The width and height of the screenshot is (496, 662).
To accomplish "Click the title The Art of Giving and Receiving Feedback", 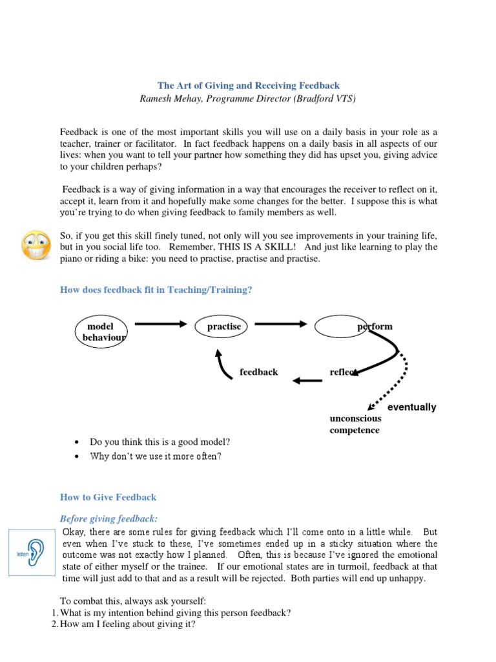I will (249, 85).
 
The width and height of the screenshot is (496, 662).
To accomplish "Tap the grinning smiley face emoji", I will (37, 245).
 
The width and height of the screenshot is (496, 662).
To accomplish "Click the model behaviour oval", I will (101, 332).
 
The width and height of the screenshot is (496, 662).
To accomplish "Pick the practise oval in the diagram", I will (223, 327).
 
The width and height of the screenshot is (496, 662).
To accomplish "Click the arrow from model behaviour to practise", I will (160, 325).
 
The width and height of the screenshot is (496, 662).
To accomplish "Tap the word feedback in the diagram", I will (258, 372).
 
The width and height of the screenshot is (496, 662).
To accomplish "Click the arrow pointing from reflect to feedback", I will (307, 379).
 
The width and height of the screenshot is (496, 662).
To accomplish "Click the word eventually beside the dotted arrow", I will (411, 407).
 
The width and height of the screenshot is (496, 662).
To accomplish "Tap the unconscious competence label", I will (355, 424).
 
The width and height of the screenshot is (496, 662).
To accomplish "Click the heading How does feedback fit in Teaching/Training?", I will (156, 290).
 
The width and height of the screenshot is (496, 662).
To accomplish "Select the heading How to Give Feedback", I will (108, 497).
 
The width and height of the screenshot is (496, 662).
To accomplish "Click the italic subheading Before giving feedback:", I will (108, 518).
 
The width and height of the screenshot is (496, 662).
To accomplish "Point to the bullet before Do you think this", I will (77, 443).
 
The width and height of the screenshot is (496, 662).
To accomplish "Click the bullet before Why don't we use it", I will (77, 456).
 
